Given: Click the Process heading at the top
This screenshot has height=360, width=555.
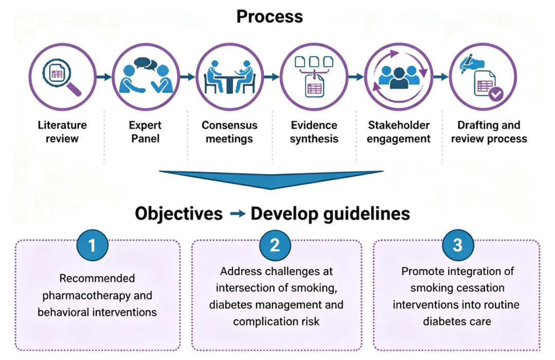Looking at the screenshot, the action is (270, 16).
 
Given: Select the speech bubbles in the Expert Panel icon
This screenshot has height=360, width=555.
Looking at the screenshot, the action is (145, 63).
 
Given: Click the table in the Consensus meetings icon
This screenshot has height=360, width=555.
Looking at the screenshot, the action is (230, 82).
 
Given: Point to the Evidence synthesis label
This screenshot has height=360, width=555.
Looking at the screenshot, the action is (314, 132).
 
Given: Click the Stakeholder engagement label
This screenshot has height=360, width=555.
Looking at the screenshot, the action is (399, 132).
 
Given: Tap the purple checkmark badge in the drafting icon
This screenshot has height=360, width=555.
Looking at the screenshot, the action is (496, 94).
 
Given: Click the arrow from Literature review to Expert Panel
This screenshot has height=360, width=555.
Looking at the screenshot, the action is (104, 77).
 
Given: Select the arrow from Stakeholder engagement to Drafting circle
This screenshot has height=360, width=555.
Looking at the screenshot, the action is (441, 77).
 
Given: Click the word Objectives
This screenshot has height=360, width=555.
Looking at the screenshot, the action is (179, 214).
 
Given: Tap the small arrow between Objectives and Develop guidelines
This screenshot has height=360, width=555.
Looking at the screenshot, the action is (237, 214).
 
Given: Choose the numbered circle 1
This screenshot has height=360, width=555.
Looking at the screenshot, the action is (92, 245).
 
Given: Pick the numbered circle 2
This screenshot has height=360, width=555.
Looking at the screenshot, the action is (275, 245).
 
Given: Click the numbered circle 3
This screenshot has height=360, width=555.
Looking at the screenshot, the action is (458, 245).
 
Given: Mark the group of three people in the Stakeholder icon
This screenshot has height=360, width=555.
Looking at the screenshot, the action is (399, 77).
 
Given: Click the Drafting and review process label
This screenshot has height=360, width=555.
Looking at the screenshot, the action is (489, 132).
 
